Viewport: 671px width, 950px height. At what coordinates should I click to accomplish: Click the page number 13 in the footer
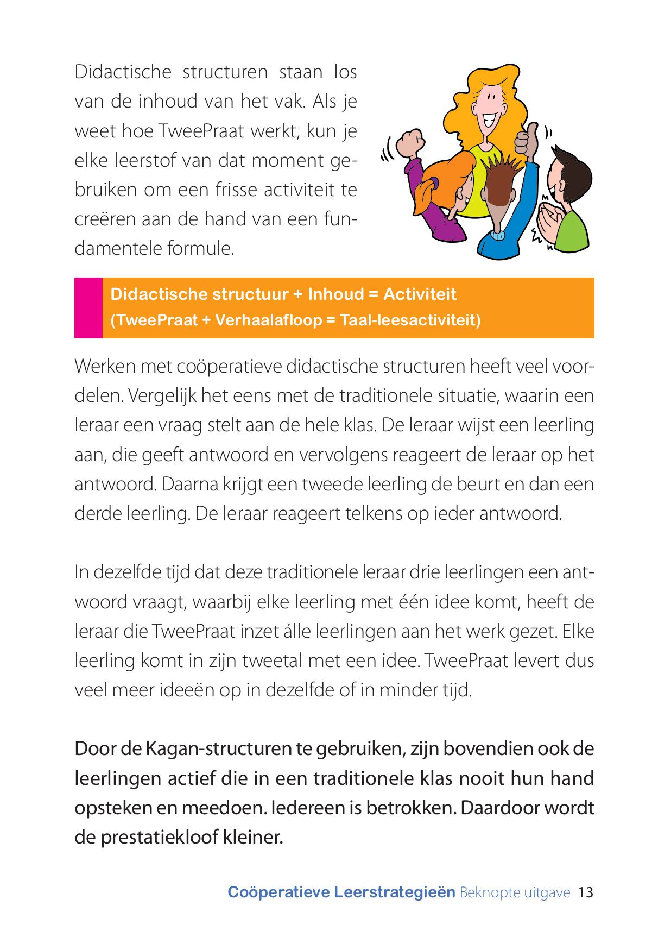point(586,892)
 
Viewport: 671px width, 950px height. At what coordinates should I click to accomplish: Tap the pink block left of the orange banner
point(88,307)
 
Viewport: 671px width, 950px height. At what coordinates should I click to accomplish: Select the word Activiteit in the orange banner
point(420,294)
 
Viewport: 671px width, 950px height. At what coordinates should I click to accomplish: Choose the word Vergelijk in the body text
point(163,395)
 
